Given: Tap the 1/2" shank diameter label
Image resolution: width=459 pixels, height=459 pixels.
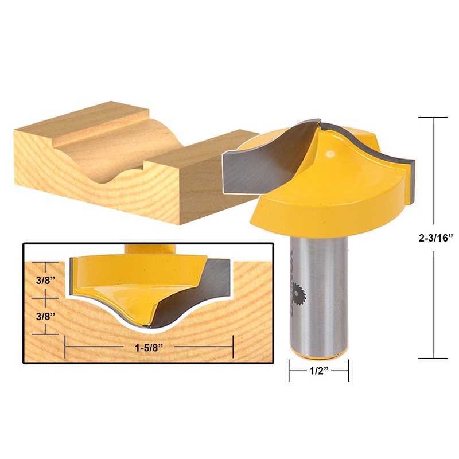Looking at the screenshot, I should pos(318,371).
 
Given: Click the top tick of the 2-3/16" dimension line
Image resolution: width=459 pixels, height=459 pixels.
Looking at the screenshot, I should pos(433,117).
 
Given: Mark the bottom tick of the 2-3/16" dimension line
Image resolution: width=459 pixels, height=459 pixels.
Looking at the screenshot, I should pos(433,358).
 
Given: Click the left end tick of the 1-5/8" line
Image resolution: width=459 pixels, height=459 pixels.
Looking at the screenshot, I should pos(65,347).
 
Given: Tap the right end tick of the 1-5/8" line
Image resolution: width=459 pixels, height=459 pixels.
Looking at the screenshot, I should pos(232,347).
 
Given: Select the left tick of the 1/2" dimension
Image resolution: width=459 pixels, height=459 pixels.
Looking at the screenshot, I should pos(289,371).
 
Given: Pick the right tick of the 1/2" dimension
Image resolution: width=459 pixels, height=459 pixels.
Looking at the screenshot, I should pos(348,371).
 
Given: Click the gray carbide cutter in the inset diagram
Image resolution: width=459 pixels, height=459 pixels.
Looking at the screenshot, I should pos(189,293).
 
